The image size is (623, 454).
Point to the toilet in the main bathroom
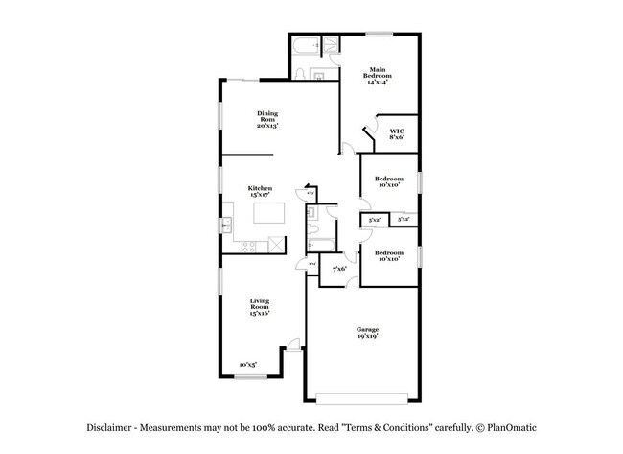(x=300, y=73)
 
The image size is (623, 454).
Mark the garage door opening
(x=361, y=397)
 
